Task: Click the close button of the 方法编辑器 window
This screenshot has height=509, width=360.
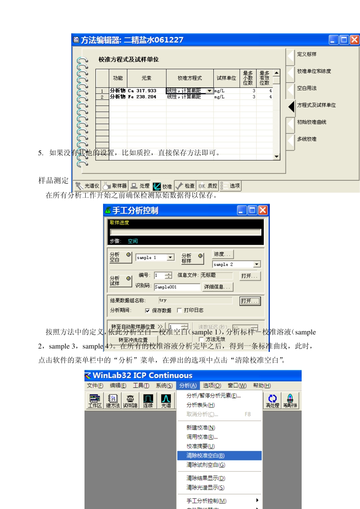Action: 354,40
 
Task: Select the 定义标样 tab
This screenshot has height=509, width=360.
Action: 307,55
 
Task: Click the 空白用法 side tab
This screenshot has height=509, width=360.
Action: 307,88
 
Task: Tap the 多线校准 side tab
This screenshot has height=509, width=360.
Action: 307,139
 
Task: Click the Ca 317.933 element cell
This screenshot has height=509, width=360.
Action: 142,91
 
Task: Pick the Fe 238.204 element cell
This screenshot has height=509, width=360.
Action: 142,97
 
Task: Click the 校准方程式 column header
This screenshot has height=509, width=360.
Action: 189,78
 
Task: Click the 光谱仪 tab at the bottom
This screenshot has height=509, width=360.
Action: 88,186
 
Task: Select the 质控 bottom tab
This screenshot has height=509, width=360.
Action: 208,186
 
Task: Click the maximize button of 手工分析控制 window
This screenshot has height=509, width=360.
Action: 252,210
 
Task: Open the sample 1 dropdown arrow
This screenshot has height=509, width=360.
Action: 171,258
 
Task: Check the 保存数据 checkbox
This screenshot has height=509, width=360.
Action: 147,311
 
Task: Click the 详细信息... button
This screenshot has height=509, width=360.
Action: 217,287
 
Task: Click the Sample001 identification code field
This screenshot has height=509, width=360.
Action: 176,287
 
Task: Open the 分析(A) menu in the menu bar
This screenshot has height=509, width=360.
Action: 188,386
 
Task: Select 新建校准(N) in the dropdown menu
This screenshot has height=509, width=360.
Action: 201,428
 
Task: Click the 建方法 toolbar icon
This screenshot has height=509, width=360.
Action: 113,401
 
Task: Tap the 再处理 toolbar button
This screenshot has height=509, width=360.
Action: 272,401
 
